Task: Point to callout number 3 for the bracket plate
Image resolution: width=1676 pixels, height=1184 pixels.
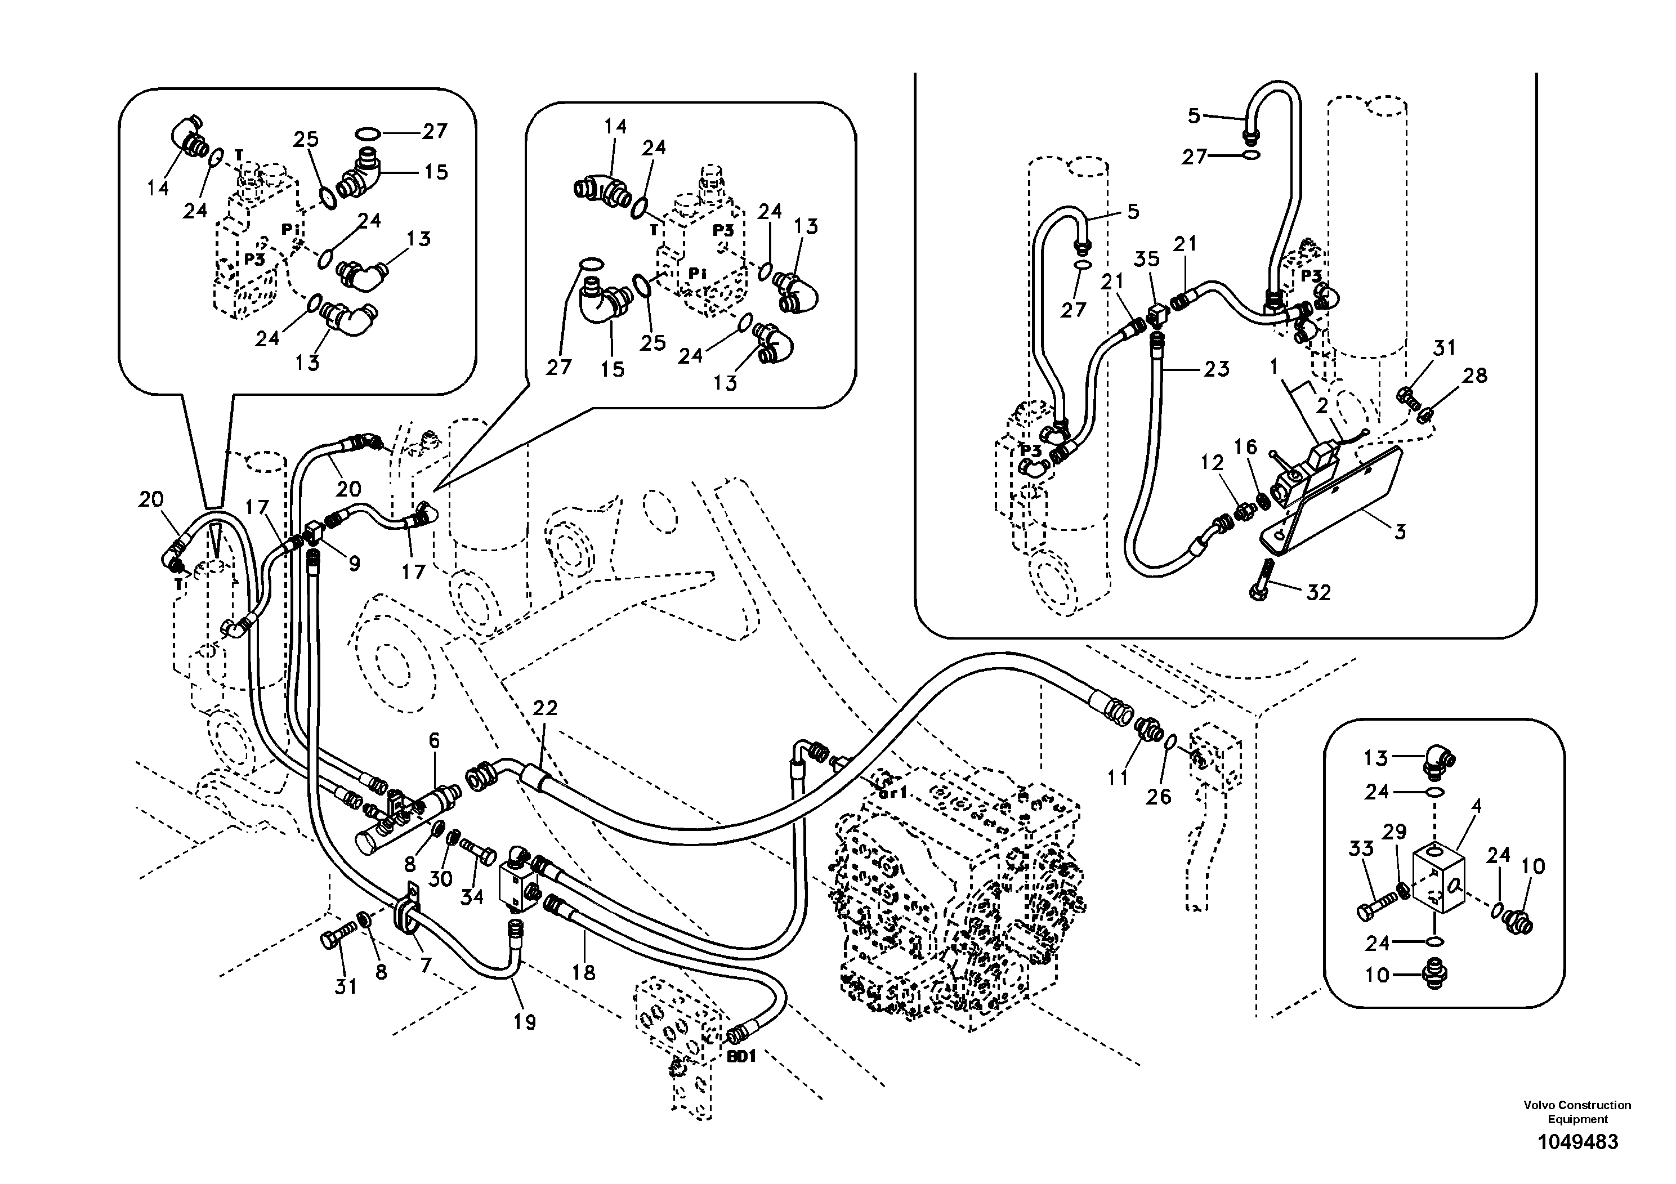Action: click(x=1400, y=532)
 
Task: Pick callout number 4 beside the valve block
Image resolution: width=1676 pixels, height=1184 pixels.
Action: click(x=1476, y=807)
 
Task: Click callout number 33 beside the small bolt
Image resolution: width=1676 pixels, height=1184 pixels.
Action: click(x=1361, y=848)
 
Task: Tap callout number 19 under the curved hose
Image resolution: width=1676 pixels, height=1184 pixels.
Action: click(x=524, y=1022)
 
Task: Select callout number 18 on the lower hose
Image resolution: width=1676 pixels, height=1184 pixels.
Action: click(x=584, y=972)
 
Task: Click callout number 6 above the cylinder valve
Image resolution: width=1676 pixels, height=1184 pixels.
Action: click(x=434, y=741)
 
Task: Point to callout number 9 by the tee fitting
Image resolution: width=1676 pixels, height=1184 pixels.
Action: click(x=354, y=564)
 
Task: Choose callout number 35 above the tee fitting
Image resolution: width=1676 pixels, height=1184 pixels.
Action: click(x=1147, y=259)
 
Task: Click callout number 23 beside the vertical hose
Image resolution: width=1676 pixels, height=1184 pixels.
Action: click(x=1216, y=369)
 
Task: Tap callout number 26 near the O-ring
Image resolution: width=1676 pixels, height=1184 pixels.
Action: click(x=1157, y=797)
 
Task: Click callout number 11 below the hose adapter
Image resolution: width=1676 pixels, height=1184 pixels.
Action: click(x=1118, y=779)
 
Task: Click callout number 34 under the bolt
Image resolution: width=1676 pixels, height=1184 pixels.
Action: click(x=472, y=896)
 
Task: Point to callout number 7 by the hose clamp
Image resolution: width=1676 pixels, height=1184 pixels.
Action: click(x=426, y=966)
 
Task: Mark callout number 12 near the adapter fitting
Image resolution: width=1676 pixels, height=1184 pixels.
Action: click(x=1212, y=462)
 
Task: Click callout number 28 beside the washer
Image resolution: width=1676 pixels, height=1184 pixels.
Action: click(x=1474, y=376)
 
